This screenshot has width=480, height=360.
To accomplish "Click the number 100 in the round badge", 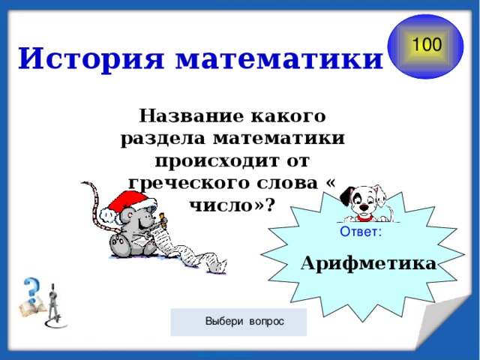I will click(x=426, y=44).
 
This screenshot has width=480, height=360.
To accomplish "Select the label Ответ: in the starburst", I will click(x=361, y=232).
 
